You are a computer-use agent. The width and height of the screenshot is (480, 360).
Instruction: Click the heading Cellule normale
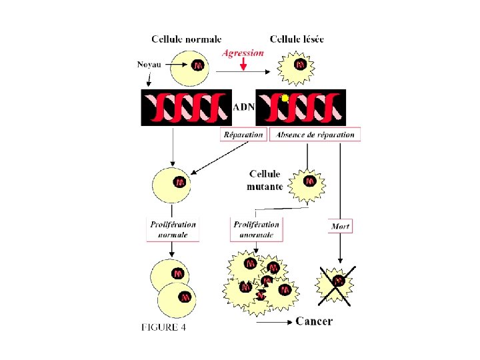[187, 39]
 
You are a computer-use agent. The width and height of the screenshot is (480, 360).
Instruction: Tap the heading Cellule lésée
[297, 39]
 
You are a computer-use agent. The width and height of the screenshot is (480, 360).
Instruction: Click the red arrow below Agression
[244, 64]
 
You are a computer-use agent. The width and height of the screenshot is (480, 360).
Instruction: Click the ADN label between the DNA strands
[243, 106]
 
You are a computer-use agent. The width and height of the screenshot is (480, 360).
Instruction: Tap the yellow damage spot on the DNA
[285, 99]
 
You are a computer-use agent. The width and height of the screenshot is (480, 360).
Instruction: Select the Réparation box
[243, 135]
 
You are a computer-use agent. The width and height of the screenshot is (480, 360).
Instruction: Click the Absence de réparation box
[315, 135]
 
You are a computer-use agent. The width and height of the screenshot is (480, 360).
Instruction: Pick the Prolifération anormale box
[255, 229]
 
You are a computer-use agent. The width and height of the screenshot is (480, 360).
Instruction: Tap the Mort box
[340, 227]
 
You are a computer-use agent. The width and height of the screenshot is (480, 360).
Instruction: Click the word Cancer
[313, 321]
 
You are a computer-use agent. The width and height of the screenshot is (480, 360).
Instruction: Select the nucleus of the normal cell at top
[198, 66]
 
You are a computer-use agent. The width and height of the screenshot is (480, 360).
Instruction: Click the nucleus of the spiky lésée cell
[301, 65]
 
